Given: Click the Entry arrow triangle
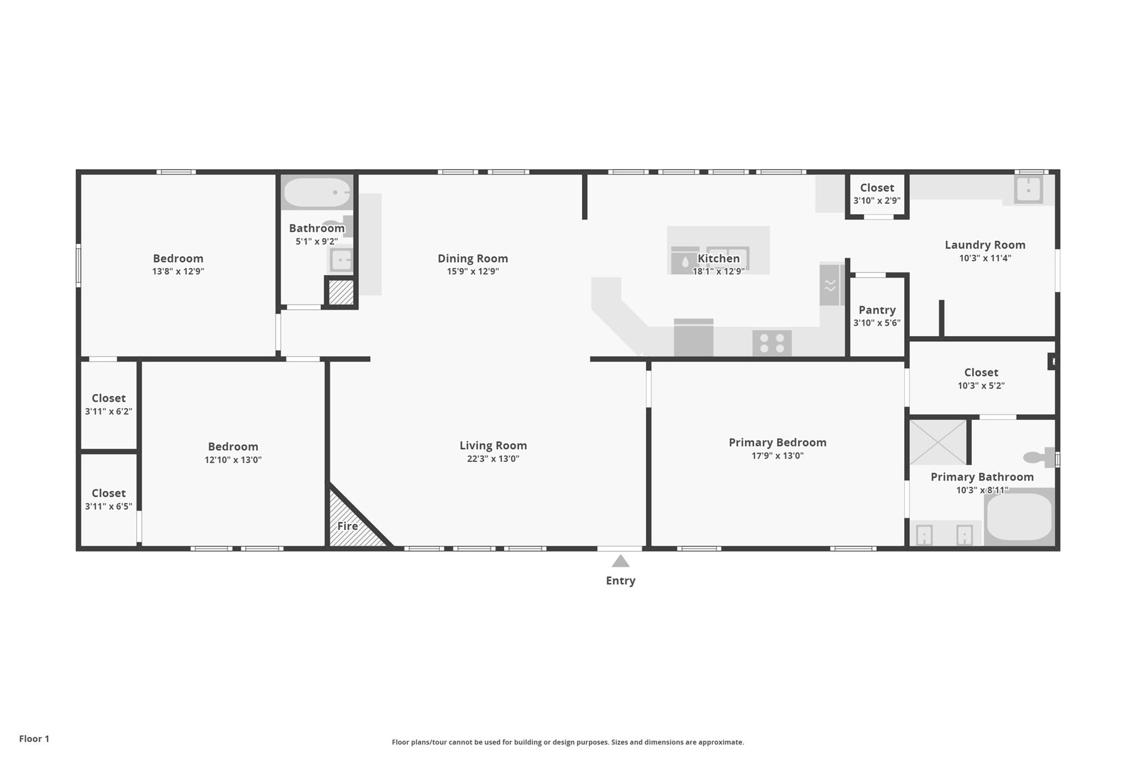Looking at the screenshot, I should coord(620,562).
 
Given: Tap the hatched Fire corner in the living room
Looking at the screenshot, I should coord(348,525).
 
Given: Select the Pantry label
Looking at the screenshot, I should coord(876,310).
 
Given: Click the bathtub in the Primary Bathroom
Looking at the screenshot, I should coord(1019,517).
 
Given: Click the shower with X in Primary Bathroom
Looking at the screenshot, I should coord(937,442).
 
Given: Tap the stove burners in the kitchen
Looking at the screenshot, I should coord(772,343).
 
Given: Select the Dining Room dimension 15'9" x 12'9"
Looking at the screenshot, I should coord(473,272).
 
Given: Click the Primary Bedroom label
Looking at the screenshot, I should coord(777,443).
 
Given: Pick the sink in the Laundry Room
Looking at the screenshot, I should coord(1028,190).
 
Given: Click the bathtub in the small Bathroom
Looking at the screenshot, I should coord(317,192).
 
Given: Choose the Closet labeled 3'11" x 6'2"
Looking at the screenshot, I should coord(108,404).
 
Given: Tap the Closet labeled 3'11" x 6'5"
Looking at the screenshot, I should coord(108,499).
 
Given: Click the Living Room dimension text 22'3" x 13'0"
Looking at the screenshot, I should coord(493,459).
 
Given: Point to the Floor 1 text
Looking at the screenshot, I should coord(34,739).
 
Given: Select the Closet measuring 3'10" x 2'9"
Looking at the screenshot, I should coord(876,194).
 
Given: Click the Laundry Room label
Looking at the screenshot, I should coord(985,245).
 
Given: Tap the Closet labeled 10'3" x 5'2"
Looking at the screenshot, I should coord(981,378).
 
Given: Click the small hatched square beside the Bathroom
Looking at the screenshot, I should coord(341,292).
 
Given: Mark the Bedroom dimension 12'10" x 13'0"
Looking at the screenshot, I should coord(232,460).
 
